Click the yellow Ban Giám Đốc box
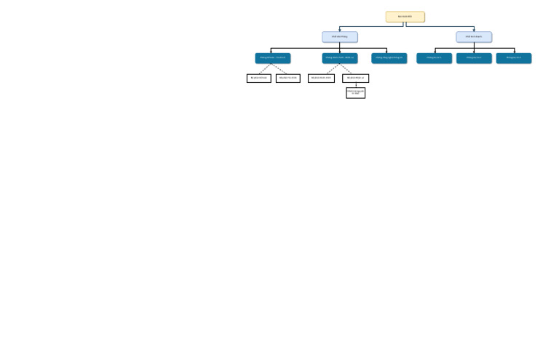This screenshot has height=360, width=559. [x=405, y=17]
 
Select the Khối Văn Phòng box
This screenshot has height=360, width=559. [x=340, y=36]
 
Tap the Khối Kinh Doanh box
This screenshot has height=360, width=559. [x=474, y=36]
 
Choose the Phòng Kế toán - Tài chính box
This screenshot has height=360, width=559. [x=273, y=58]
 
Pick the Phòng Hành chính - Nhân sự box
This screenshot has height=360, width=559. [x=340, y=58]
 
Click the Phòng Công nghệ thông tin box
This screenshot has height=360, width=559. [x=389, y=58]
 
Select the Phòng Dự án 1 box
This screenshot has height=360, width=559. [x=435, y=58]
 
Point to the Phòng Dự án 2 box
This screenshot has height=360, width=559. [x=474, y=58]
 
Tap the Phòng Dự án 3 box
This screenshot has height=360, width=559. [x=514, y=58]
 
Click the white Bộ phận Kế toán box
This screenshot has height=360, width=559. [x=259, y=78]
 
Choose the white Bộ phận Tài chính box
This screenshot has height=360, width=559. [x=288, y=78]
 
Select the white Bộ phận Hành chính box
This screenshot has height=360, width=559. [x=321, y=78]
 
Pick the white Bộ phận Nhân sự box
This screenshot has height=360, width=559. [x=356, y=78]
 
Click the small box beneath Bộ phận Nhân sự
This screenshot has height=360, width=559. [x=356, y=93]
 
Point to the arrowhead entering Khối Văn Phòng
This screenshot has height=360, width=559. [x=340, y=31]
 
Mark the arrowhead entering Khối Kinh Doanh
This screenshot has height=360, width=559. [x=474, y=31]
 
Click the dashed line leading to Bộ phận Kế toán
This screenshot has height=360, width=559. [x=266, y=68]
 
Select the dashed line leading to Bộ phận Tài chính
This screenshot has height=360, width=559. [x=280, y=68]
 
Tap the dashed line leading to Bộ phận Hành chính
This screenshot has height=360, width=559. [x=330, y=68]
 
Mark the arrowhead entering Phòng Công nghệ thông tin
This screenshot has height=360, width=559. [x=387, y=52]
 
